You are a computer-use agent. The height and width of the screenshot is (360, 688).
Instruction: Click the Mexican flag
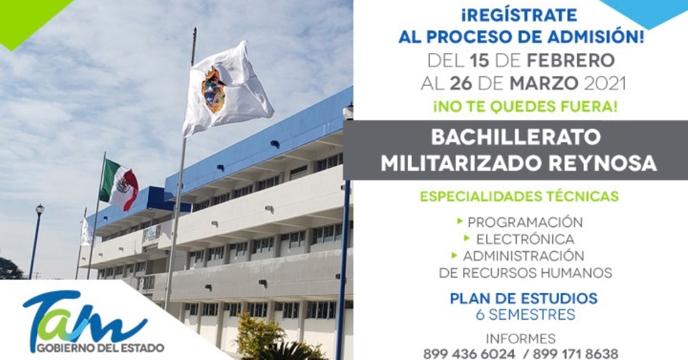point(119,184)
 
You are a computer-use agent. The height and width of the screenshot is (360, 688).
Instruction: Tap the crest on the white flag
point(214,90)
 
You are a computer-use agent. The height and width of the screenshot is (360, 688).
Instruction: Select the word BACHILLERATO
point(515,137)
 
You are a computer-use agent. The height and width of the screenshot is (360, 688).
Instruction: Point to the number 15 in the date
point(479,60)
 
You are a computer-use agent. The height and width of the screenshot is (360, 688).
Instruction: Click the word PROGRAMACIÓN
point(525,222)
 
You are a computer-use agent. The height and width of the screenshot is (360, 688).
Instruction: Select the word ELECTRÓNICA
point(525,239)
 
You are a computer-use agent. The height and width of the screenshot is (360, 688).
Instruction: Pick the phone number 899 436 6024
point(469,353)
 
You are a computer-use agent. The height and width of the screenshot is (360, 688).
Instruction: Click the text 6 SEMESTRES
point(525,315)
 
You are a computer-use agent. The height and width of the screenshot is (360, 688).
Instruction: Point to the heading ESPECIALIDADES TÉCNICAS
point(519,195)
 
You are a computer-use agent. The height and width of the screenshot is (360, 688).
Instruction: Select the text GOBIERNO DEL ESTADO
point(101,348)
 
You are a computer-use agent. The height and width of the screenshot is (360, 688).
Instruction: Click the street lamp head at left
point(40,209)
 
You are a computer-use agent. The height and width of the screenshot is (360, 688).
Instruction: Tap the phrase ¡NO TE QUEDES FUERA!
point(525,107)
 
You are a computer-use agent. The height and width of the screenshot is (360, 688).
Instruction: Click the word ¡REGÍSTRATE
point(519,15)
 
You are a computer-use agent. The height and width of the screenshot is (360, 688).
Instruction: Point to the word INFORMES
point(521,339)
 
